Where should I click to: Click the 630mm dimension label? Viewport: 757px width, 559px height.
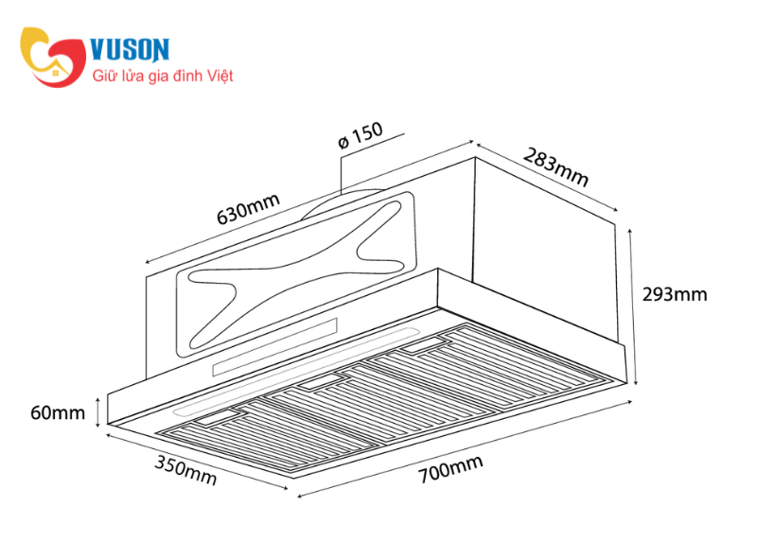[x=248, y=208]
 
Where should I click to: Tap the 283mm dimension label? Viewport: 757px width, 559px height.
[x=555, y=166]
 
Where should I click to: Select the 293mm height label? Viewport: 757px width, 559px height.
[x=675, y=294]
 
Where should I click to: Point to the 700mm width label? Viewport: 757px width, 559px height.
[x=450, y=468]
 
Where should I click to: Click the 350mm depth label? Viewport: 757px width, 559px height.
[x=185, y=470]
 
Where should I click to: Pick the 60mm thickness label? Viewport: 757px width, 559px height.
[x=58, y=412]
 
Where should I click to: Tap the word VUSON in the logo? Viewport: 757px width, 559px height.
[x=130, y=49]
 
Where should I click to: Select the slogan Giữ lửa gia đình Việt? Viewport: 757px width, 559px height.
[x=163, y=77]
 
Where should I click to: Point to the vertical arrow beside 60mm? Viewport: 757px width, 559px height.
[x=98, y=412]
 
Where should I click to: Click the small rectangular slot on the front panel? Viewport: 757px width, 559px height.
[x=274, y=346]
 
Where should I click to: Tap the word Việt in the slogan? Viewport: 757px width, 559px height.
[x=220, y=77]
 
